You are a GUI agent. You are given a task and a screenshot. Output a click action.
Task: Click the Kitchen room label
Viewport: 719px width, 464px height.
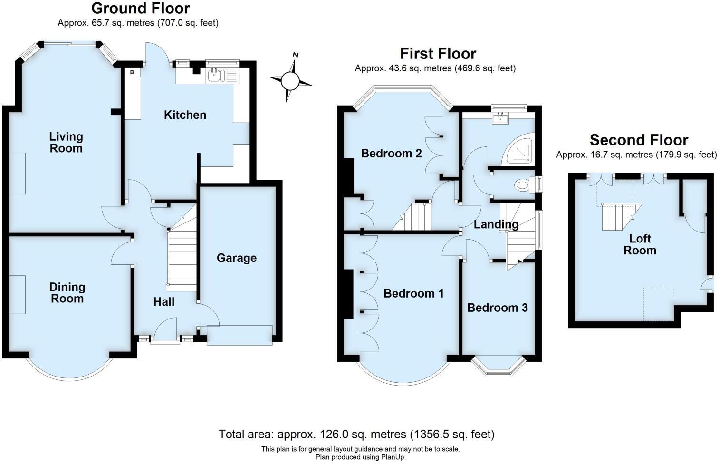point(185,115)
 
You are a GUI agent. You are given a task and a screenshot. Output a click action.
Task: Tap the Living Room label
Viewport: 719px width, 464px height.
point(66,142)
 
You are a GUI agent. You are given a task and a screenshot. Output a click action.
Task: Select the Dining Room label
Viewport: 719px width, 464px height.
point(67,292)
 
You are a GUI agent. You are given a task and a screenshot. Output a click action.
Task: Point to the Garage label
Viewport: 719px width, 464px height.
point(236,258)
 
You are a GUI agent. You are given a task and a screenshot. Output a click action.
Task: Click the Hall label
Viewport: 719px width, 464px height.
point(163,301)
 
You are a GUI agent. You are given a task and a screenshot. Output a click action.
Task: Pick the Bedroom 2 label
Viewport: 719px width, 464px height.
point(391,153)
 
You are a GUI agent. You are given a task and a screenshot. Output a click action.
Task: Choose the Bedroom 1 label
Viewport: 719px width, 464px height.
point(413,293)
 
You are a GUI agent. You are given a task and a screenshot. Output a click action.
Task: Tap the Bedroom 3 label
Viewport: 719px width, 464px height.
point(497,308)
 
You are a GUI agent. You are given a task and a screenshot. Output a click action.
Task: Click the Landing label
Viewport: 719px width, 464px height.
point(496,224)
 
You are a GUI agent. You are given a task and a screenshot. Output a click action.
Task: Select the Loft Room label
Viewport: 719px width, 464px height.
point(640,244)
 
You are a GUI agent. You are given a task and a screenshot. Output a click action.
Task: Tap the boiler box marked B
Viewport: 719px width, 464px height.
point(132,72)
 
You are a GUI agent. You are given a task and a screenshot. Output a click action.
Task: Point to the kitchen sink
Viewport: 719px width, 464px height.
point(216,75)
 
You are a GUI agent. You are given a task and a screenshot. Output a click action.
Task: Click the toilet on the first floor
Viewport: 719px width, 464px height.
point(523,184)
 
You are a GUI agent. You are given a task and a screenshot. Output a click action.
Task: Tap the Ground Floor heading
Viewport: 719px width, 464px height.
point(140,8)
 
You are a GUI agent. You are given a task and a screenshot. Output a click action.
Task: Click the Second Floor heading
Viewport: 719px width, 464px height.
point(638,140)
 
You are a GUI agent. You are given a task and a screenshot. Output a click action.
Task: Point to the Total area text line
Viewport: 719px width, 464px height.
point(356,434)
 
